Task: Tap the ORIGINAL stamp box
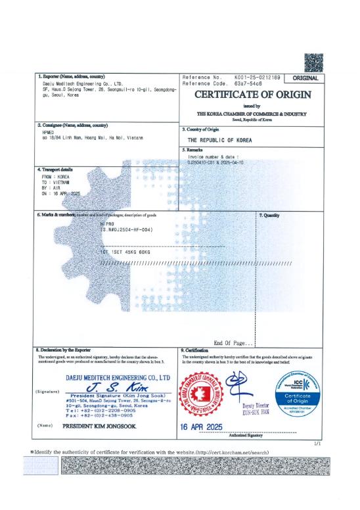tap(304, 78)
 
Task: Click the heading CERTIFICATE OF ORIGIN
tap(252, 95)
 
